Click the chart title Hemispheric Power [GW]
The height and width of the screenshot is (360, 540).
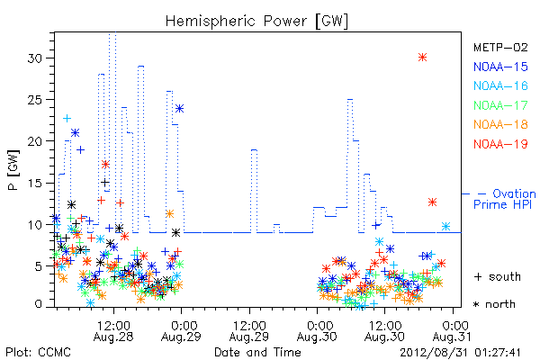(x=256, y=22)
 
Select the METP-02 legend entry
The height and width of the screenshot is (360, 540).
(x=500, y=47)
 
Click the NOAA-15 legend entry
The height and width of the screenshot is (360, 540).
(x=500, y=67)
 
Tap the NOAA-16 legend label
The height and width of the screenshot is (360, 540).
(x=500, y=85)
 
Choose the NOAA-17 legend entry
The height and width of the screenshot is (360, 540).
(x=500, y=105)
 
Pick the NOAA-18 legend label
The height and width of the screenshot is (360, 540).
(x=500, y=124)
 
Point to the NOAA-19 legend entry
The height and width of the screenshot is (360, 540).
(x=500, y=144)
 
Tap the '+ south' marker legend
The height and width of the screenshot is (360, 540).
(x=498, y=276)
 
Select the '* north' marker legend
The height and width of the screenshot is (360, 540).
(x=494, y=304)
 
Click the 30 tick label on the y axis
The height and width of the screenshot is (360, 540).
(x=34, y=58)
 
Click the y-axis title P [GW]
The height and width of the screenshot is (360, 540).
(x=13, y=170)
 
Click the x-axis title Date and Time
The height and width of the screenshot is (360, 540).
(x=257, y=352)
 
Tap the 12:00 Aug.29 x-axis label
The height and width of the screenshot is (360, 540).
(x=249, y=331)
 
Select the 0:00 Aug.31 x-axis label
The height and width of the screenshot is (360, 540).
(x=452, y=331)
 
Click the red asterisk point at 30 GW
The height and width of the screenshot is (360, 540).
(x=423, y=58)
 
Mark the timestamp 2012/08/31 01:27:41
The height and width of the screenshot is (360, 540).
(x=460, y=353)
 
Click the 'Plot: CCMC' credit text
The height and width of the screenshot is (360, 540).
(x=38, y=353)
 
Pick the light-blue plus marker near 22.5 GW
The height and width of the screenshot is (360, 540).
(x=67, y=119)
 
